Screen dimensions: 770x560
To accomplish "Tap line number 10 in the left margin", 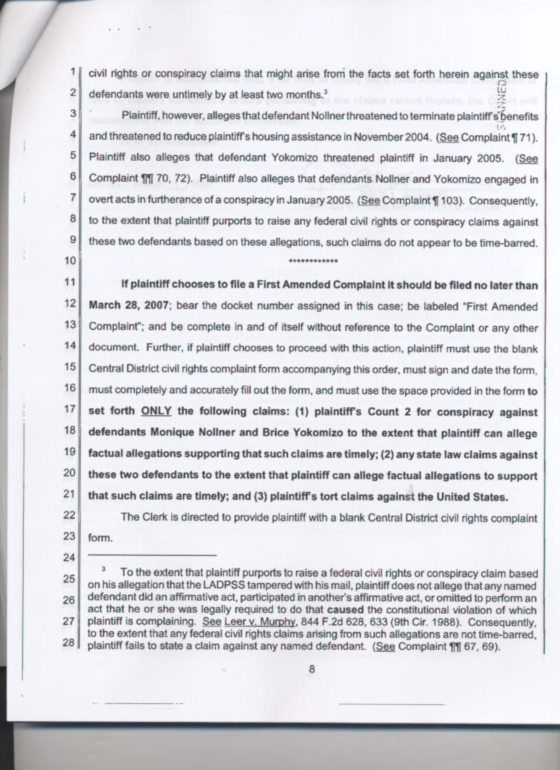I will pyautogui.click(x=70, y=261).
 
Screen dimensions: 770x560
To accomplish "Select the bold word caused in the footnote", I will pyautogui.click(x=344, y=611).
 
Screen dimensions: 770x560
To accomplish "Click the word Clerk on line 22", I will pyautogui.click(x=152, y=518).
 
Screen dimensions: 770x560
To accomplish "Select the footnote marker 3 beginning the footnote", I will pyautogui.click(x=104, y=570).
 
